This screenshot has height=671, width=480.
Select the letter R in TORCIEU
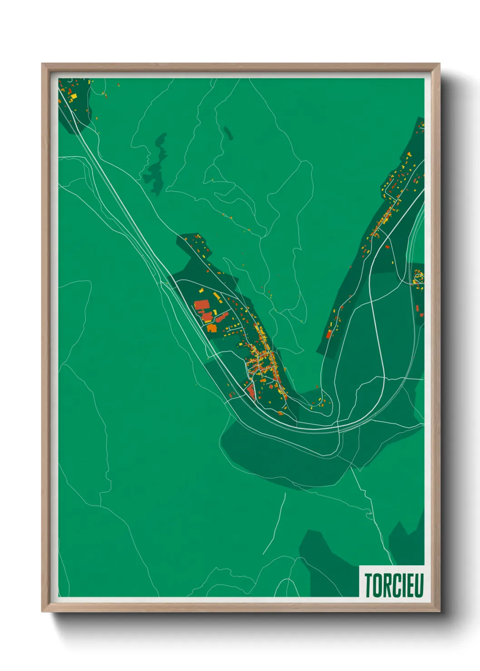point(387,585)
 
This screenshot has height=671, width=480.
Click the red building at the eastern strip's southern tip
point(329,335)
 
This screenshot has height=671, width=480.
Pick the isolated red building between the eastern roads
point(387,247)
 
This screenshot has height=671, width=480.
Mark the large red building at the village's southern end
point(251,391)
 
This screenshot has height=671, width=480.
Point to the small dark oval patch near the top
point(227,132)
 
